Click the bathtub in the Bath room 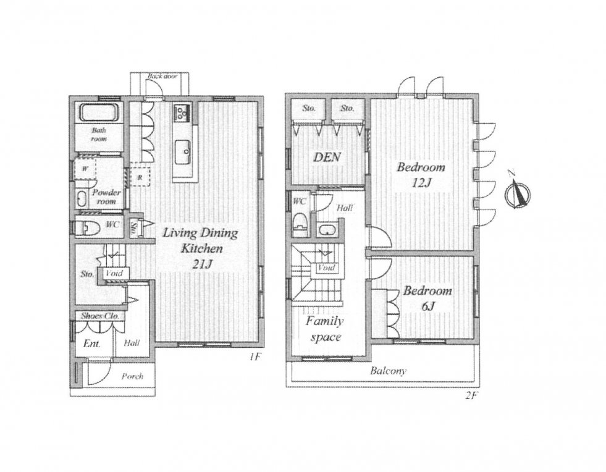tap(98, 112)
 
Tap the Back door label tap(162, 76)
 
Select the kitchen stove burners tap(181, 111)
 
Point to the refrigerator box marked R tap(139, 177)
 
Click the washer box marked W tap(85, 169)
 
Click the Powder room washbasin tap(82, 199)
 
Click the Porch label tap(132, 376)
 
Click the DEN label tap(327, 157)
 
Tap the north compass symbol tap(518, 192)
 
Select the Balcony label tap(388, 371)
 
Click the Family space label tap(325, 329)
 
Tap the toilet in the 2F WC tap(299, 226)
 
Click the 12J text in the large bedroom tap(421, 183)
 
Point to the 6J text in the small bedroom tap(429, 306)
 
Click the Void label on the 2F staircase tap(326, 268)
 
